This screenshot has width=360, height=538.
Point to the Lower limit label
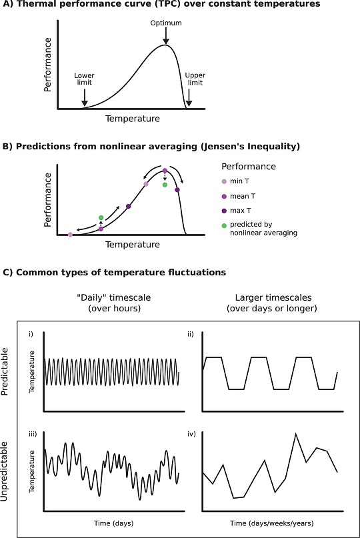pos(85,79)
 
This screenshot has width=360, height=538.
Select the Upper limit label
pos(195,79)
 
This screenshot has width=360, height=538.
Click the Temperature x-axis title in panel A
pos(132,119)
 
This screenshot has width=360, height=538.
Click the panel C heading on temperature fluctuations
pos(115,272)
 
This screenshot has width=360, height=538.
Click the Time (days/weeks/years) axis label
pos(270,523)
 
